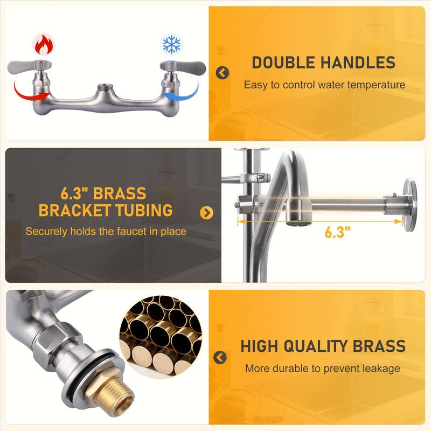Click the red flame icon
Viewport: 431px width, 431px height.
(44, 45)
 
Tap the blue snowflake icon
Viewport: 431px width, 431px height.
(171, 44)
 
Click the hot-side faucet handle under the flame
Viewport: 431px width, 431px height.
(29, 67)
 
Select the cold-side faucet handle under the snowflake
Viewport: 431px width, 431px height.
(183, 67)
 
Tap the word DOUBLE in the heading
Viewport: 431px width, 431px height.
(283, 62)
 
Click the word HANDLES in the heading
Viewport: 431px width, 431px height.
(358, 62)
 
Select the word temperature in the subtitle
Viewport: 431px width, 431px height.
(376, 85)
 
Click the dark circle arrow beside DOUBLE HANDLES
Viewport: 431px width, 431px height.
(223, 73)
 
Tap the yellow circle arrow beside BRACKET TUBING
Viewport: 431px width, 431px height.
(207, 212)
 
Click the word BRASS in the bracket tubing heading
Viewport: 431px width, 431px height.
(120, 193)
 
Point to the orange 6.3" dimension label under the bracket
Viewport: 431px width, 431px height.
(338, 232)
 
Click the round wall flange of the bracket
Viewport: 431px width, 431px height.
(409, 205)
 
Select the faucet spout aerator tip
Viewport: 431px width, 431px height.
(298, 223)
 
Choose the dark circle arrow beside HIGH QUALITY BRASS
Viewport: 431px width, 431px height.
(220, 357)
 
